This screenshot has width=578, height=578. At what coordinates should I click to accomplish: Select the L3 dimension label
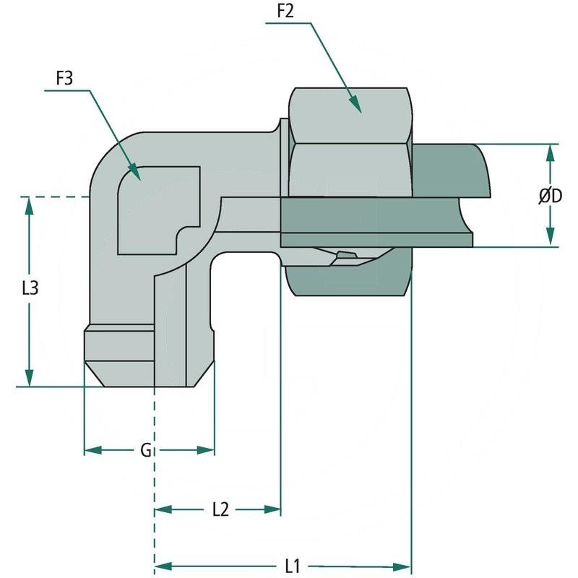(30, 289)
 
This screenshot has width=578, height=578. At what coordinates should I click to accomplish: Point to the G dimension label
(145, 451)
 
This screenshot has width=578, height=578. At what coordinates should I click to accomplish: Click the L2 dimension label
(220, 509)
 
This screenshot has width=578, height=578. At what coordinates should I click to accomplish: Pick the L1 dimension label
(292, 564)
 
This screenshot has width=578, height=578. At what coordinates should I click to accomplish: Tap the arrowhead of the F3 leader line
(134, 173)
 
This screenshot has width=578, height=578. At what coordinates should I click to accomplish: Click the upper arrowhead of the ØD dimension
(551, 152)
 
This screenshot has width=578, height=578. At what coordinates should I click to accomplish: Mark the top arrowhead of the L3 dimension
(29, 204)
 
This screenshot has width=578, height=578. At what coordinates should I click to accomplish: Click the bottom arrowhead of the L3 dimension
(29, 379)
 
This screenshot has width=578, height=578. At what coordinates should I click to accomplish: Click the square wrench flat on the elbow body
(155, 210)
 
